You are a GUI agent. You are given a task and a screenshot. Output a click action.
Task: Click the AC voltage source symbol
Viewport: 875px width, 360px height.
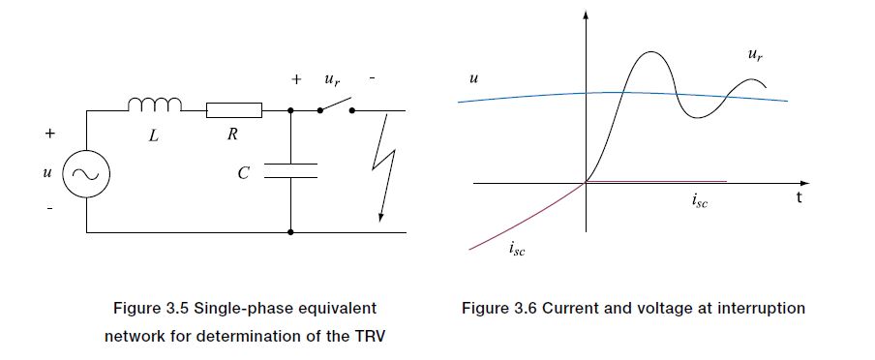pos(86,175)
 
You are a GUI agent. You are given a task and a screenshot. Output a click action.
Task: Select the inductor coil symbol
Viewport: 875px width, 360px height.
pos(155,104)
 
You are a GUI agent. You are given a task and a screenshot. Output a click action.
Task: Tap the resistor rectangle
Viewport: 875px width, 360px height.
pos(234,110)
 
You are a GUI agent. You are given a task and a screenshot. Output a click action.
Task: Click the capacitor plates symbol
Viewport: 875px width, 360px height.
pos(290,170)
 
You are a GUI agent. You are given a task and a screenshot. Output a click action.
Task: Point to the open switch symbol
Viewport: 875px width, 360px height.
pos(336,106)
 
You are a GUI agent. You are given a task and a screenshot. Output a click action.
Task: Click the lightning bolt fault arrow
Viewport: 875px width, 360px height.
pos(384,166)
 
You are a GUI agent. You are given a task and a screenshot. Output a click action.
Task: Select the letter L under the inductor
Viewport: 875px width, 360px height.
pos(154,135)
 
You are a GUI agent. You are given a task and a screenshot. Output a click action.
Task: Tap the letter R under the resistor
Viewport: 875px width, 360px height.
pos(232,134)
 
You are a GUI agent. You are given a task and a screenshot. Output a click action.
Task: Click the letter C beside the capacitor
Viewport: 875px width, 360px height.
pos(243,173)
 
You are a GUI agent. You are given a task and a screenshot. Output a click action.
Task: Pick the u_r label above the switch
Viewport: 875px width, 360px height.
pos(331,80)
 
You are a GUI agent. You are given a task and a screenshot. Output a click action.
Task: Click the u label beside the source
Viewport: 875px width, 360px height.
pos(46,173)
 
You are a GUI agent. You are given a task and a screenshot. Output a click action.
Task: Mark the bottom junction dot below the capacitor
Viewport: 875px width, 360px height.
pos(290,232)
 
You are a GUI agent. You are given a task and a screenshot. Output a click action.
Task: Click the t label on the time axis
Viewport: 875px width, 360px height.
pos(800,197)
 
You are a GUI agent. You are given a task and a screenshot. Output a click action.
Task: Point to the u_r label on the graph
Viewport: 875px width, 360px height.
pos(755,55)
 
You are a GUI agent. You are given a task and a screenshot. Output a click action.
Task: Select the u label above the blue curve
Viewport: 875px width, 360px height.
pos(473,79)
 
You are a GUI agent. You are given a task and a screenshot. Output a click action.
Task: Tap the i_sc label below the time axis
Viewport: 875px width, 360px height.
pos(699,200)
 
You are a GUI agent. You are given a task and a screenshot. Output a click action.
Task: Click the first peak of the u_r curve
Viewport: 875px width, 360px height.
pos(650,52)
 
